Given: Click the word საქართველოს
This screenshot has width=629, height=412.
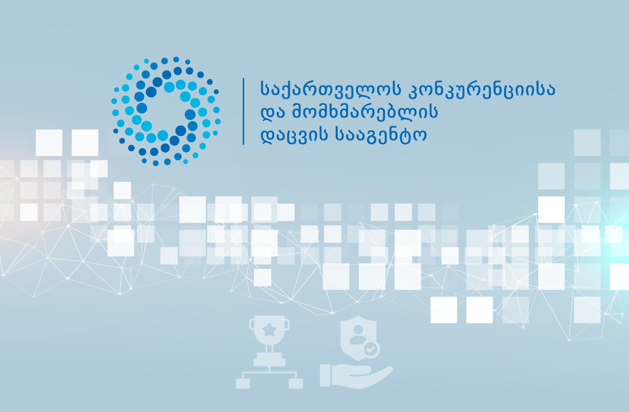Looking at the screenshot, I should (x=330, y=89).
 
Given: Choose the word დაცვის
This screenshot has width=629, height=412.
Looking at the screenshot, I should (x=294, y=135).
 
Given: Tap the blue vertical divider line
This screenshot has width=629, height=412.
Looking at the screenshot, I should (x=243, y=111).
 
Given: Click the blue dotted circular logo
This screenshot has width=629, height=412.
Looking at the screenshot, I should (x=166, y=111).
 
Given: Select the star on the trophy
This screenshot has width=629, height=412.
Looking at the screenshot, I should (x=270, y=329).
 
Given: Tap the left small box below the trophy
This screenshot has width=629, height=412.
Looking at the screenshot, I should (x=243, y=383).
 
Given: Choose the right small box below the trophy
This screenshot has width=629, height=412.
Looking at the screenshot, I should (x=295, y=383).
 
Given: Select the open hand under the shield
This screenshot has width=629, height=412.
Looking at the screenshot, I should (x=362, y=376).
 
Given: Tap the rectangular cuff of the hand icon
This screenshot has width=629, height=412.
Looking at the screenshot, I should (x=325, y=375).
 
